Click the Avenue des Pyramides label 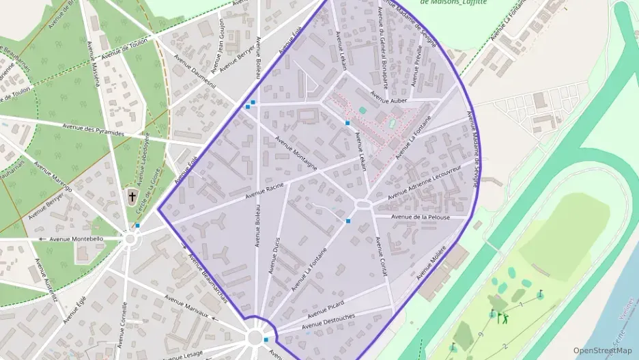pos(94,129)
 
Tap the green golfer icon pos(504,317)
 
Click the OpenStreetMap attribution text pos(602,350)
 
